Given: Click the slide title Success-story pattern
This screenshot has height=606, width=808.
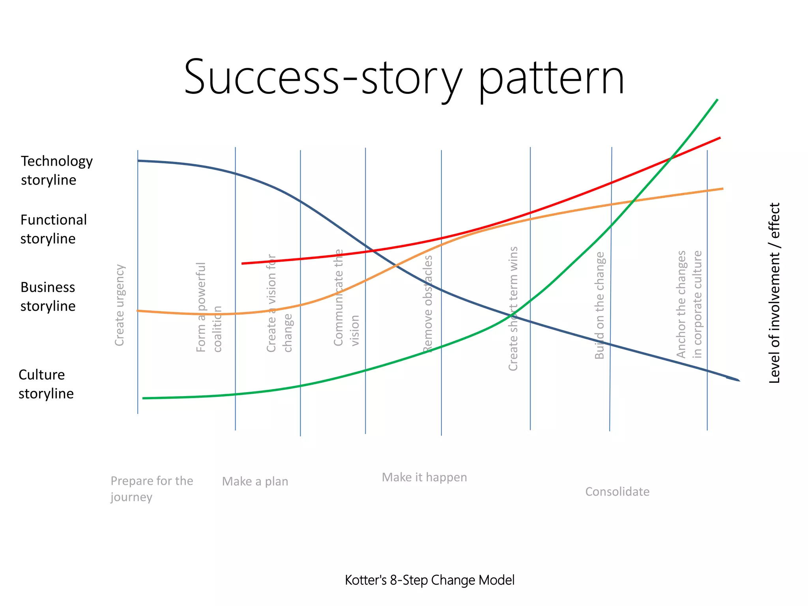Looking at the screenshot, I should point(404,77).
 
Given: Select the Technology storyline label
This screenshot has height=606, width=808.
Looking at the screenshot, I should point(56,170).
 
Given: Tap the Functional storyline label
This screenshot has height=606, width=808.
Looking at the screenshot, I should point(53,229).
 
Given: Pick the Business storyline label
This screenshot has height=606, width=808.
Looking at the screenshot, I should point(48,296).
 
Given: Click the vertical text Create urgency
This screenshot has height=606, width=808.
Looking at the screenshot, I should point(120,305).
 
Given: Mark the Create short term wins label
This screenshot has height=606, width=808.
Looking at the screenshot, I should point(513,309).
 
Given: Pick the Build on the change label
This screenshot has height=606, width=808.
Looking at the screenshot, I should point(599,305).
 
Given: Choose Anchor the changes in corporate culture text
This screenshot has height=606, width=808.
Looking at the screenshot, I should point(689,305).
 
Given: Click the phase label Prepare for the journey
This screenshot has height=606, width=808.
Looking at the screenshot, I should point(151,488).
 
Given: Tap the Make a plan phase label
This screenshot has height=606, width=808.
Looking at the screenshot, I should point(255,481).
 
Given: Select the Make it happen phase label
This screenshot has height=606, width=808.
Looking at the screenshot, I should point(424,477).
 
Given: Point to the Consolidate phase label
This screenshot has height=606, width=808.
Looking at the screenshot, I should point(617,492).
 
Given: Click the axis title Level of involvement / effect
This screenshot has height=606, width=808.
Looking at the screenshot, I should point(774,293).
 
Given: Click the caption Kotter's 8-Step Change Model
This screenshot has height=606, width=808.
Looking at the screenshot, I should point(429,580).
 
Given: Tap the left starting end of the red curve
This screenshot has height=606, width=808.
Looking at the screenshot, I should point(243,263).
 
